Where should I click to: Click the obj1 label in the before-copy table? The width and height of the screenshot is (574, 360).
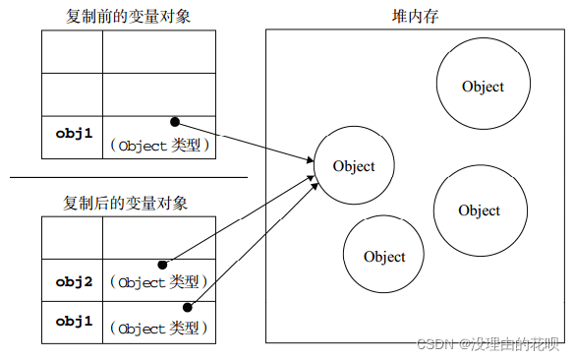[x=73, y=131]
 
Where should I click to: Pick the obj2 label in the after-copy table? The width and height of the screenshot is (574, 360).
[x=73, y=282]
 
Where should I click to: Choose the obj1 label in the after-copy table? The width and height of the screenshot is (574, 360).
[x=73, y=322]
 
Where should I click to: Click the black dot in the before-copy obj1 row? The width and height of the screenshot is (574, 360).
[x=175, y=122]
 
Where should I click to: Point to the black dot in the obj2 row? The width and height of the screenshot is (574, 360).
[x=162, y=266]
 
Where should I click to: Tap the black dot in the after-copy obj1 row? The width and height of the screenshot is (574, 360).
[x=201, y=306]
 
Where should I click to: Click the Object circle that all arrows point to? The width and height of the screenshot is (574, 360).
[x=354, y=166]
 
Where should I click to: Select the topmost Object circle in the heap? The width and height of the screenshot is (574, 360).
[x=483, y=87]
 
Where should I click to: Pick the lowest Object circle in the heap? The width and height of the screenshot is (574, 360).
[x=384, y=257]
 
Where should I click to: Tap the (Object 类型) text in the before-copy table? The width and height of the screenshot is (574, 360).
[x=162, y=146]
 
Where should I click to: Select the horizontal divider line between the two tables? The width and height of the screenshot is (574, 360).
[x=129, y=178]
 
